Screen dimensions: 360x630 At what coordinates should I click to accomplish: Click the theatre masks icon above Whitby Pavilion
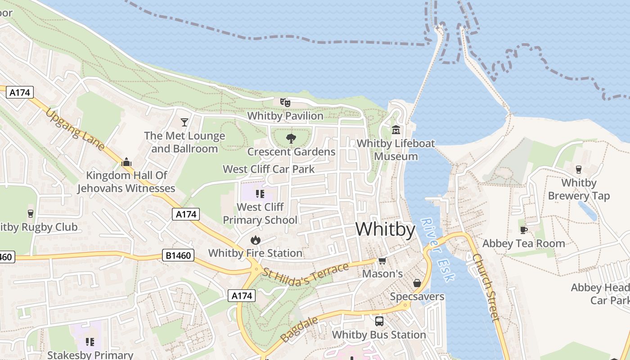click(285, 102)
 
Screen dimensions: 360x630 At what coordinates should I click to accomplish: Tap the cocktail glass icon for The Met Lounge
click(184, 122)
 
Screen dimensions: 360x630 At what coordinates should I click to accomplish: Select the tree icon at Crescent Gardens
click(291, 138)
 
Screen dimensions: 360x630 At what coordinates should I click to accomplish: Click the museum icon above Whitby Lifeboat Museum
click(396, 130)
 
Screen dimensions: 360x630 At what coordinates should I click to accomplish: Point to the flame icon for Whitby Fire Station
click(255, 240)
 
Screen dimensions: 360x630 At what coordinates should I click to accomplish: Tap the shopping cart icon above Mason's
click(382, 261)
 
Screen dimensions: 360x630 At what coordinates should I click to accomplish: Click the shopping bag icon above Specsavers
click(417, 283)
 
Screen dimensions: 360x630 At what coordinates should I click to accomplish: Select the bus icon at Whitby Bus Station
click(379, 321)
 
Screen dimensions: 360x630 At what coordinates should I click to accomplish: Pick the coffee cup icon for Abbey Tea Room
click(523, 230)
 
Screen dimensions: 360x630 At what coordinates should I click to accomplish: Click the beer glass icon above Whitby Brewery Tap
click(579, 170)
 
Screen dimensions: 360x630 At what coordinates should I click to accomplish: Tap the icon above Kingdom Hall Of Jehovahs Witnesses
click(126, 162)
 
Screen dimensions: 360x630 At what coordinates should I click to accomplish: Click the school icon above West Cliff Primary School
click(260, 194)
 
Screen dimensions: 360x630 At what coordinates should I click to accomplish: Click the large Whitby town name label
click(385, 229)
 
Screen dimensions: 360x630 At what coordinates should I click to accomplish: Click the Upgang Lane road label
click(75, 130)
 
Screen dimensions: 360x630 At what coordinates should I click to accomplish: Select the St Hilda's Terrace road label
click(306, 274)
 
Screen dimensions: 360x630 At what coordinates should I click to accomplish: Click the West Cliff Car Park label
click(269, 169)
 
